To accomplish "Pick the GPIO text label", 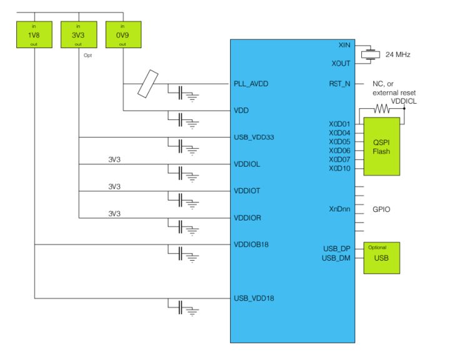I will point(381,209).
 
